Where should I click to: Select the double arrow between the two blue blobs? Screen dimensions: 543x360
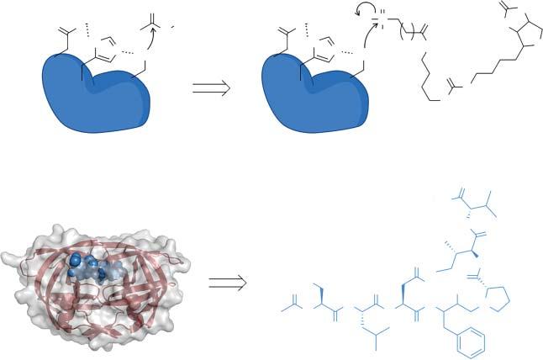[x=211, y=88]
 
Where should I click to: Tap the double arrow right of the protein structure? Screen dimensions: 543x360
[x=227, y=283]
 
